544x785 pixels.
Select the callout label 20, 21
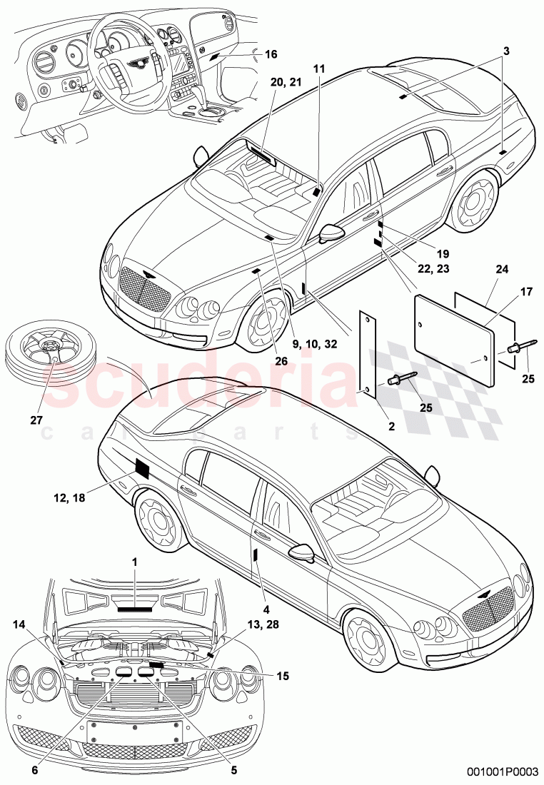[x=266, y=83]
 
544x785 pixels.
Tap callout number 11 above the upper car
[x=318, y=69]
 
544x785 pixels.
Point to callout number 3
[x=505, y=51]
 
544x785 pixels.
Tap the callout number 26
[x=281, y=361]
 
